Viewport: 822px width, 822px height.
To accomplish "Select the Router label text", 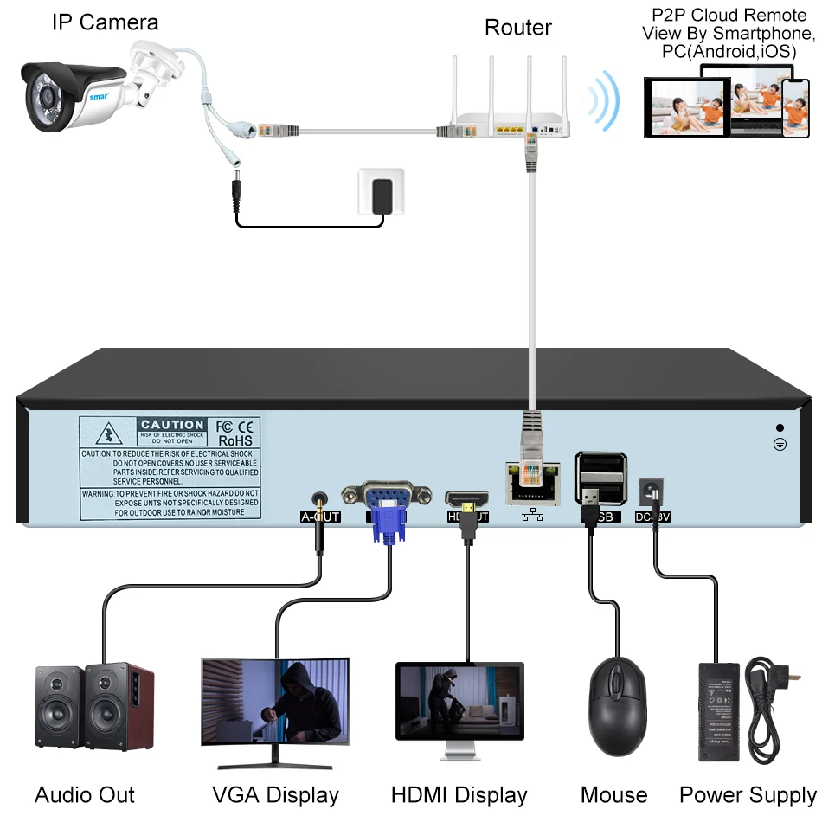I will [517, 28].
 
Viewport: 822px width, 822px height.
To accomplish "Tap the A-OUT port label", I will [320, 517].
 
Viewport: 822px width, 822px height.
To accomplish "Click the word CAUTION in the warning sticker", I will [172, 425].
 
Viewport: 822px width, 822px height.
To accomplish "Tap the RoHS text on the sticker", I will [234, 440].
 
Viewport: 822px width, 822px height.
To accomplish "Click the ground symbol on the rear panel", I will [780, 444].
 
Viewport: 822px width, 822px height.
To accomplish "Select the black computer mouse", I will [618, 704].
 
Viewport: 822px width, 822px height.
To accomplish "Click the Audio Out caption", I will [85, 794].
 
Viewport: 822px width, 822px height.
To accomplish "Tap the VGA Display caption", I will [275, 794].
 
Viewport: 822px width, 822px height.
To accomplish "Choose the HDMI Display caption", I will [459, 794].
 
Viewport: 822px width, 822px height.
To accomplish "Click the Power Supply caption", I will [747, 794].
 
